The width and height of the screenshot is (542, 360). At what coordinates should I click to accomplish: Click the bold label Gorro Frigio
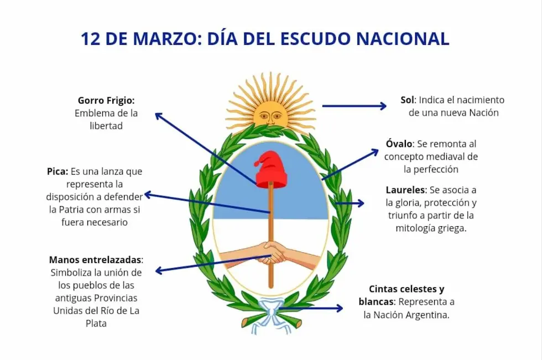(106, 101)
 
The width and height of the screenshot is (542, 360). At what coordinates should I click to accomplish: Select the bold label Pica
(58, 171)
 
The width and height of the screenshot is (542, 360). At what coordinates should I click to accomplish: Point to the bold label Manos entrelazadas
(96, 260)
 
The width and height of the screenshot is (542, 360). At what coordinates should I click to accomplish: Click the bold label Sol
(407, 100)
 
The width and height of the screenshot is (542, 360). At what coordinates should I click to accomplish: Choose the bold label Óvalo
(400, 144)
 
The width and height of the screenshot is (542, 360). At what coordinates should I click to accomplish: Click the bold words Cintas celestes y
(406, 289)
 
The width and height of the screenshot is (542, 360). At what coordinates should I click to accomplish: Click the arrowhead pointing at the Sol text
(383, 106)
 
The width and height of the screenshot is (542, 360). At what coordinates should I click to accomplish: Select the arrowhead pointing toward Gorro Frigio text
(158, 115)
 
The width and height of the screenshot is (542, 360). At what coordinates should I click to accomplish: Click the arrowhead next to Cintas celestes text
(339, 309)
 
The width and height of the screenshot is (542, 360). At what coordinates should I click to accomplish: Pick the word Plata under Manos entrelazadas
(96, 324)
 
